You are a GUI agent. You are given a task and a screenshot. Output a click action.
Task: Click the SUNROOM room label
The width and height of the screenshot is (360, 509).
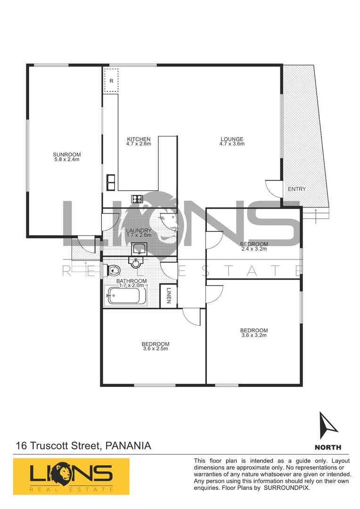pos(66,154)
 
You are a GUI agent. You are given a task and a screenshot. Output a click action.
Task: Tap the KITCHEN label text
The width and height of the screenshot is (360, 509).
pos(139,139)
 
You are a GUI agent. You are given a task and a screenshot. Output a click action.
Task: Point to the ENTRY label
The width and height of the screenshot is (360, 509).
pos(297,189)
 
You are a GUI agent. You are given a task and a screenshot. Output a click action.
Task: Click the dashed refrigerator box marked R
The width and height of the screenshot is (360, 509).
pos(112,81)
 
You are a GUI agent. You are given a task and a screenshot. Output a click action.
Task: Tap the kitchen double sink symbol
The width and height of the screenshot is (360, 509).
pos(111,181)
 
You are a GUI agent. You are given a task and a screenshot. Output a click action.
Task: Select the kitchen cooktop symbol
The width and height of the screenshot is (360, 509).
pos(138,198)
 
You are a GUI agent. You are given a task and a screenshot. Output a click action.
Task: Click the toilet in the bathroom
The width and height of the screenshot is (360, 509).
pos(115,270)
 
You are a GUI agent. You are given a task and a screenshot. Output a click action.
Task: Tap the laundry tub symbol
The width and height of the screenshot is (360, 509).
pos(139,247)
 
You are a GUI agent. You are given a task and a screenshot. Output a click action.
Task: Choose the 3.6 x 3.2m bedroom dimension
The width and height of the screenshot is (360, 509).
pos(254,336)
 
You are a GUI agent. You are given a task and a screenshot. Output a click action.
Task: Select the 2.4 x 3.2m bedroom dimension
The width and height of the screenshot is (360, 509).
pos(254,249)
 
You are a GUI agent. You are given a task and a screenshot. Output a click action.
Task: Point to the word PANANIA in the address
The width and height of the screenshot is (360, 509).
pos(129,445)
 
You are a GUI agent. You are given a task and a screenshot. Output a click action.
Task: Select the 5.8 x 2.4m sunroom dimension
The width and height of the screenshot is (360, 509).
pos(66,159)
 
